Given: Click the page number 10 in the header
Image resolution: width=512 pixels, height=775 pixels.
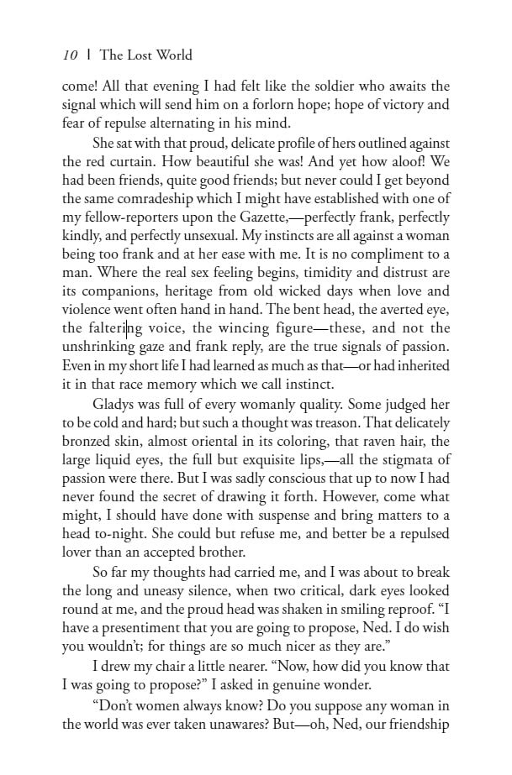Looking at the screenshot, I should [70, 55].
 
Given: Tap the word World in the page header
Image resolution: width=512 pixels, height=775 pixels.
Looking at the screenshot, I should [172, 55].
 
